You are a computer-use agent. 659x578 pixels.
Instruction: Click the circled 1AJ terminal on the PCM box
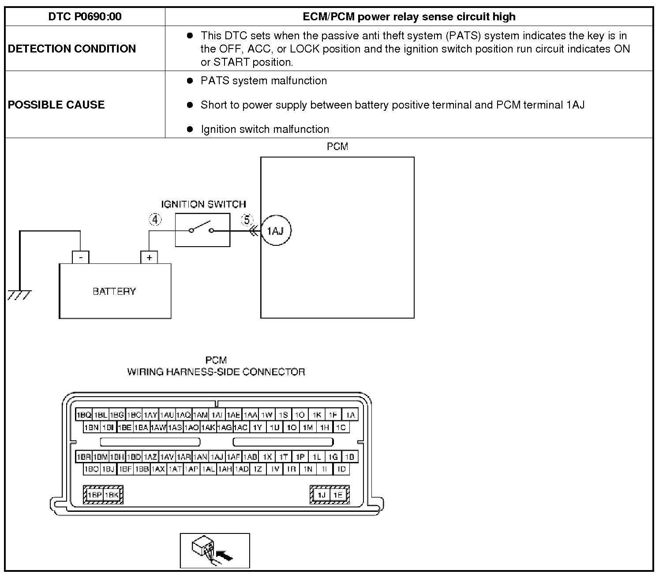(276, 230)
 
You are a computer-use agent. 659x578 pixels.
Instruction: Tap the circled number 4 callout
(155, 219)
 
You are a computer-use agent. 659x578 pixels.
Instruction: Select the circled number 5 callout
(247, 219)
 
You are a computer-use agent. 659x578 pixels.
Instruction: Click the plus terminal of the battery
(149, 257)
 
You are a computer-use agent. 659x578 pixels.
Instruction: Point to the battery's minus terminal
(81, 257)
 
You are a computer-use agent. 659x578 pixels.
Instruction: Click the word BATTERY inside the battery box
(114, 291)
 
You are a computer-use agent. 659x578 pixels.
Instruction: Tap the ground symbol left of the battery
(19, 294)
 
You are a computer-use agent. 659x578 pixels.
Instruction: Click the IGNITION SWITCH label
(203, 204)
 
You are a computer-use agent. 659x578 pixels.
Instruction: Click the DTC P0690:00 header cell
(85, 17)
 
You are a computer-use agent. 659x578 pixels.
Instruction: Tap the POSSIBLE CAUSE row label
(56, 105)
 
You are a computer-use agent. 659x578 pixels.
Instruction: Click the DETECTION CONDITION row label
(72, 49)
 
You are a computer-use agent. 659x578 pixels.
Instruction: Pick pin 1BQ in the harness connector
(84, 415)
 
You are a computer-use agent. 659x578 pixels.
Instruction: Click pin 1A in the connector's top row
(350, 415)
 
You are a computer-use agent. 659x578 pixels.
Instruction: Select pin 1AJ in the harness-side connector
(217, 457)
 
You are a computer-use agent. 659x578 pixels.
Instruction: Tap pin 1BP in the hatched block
(94, 495)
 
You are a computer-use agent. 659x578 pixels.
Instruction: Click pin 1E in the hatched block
(338, 495)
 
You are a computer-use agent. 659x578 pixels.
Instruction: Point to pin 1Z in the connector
(258, 469)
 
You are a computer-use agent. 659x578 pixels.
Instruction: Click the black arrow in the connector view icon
(226, 556)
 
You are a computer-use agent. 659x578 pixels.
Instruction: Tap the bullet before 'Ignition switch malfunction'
(190, 129)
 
